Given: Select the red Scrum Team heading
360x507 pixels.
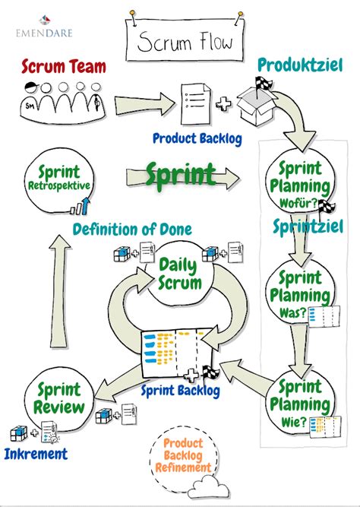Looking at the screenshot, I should [x=64, y=67].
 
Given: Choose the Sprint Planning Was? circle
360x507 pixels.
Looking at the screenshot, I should [x=300, y=293].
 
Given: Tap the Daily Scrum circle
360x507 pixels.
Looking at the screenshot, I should [x=180, y=274].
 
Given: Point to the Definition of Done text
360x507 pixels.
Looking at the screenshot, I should [x=132, y=228].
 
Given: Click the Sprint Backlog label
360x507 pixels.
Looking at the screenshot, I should [x=181, y=391].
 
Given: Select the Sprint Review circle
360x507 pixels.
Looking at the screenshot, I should [x=57, y=400].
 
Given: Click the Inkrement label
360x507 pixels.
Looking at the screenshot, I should [x=36, y=454].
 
